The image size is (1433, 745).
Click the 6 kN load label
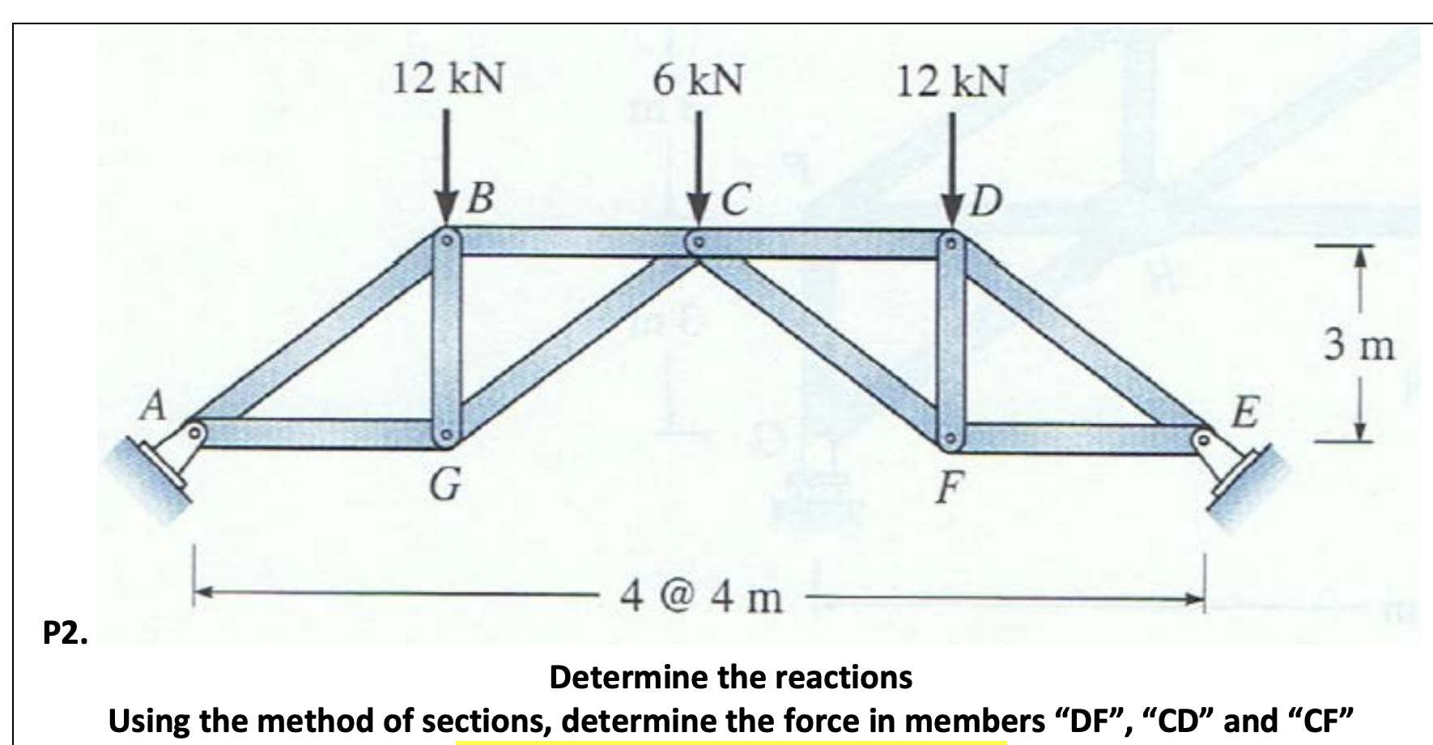698,80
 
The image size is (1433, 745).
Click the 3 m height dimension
1360,346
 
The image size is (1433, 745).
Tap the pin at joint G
446,438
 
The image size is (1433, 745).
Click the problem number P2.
66,633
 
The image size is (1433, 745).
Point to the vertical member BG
446,340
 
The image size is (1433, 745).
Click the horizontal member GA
320,431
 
